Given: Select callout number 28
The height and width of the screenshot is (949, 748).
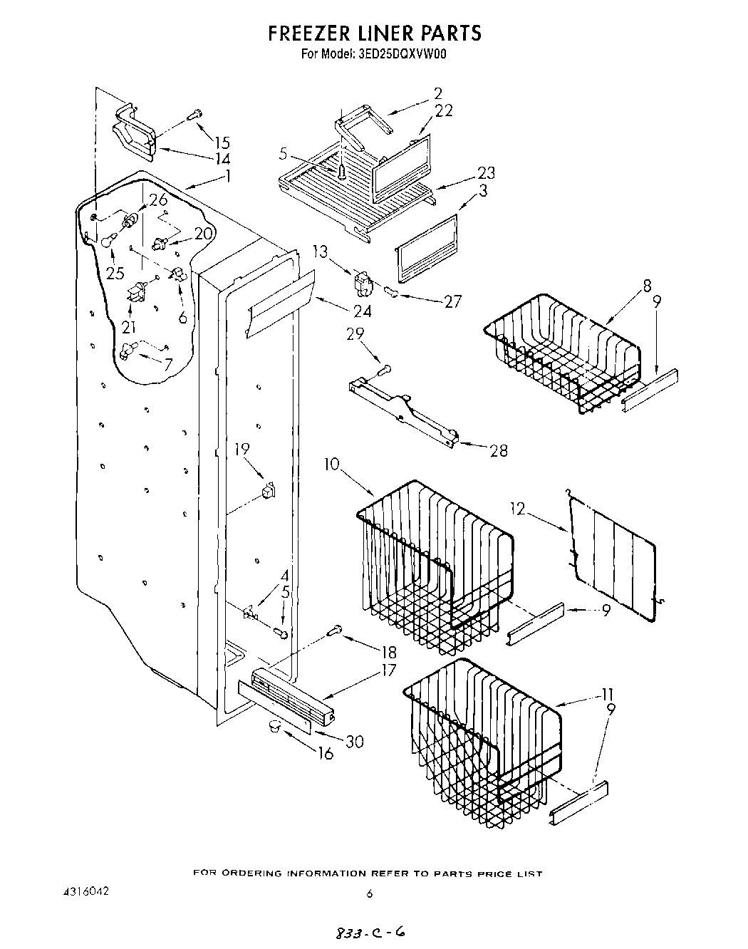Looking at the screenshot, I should pos(498,450).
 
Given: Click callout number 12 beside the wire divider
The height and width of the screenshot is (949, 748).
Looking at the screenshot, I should pos(519,508).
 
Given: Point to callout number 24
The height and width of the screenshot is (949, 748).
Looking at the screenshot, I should pos(362,311).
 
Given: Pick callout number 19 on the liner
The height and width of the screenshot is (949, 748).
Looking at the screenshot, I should pos(242,449).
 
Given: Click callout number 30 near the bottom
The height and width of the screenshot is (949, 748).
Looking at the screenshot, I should pos(353,742).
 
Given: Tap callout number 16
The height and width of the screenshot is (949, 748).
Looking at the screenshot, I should pos(326,753).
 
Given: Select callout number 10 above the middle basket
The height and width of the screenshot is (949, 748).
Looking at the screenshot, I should pos(333,465).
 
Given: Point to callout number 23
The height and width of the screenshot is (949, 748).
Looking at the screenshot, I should pos(487,172).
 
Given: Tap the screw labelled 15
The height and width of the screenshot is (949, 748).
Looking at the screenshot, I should pos(194,113).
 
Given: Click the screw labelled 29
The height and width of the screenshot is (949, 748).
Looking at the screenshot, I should pos(385,369).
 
